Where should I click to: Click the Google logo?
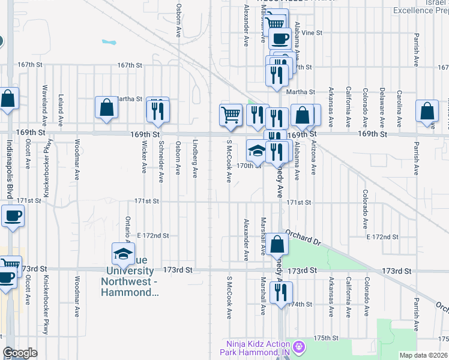click(20, 353)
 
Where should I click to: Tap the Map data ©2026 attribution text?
click(423, 355)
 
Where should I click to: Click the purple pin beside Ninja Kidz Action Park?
click(299, 346)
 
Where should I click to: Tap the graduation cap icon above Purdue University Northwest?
click(124, 254)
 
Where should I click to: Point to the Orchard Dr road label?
click(304, 238)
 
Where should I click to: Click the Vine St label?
click(312, 32)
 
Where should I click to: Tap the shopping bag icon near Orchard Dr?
click(278, 245)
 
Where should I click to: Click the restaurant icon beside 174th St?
click(280, 292)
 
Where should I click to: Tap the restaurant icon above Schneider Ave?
click(158, 110)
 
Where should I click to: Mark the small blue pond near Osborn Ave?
click(109, 43)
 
